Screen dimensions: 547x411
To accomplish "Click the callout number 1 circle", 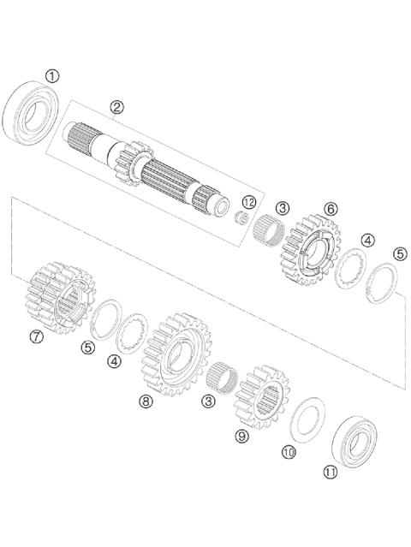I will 53,76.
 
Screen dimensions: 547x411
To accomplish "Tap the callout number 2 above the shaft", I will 117,107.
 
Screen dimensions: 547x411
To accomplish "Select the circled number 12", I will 248,202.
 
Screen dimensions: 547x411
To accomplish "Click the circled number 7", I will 36,336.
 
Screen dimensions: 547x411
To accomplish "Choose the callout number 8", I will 146,401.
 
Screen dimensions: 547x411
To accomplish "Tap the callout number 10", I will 289,451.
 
